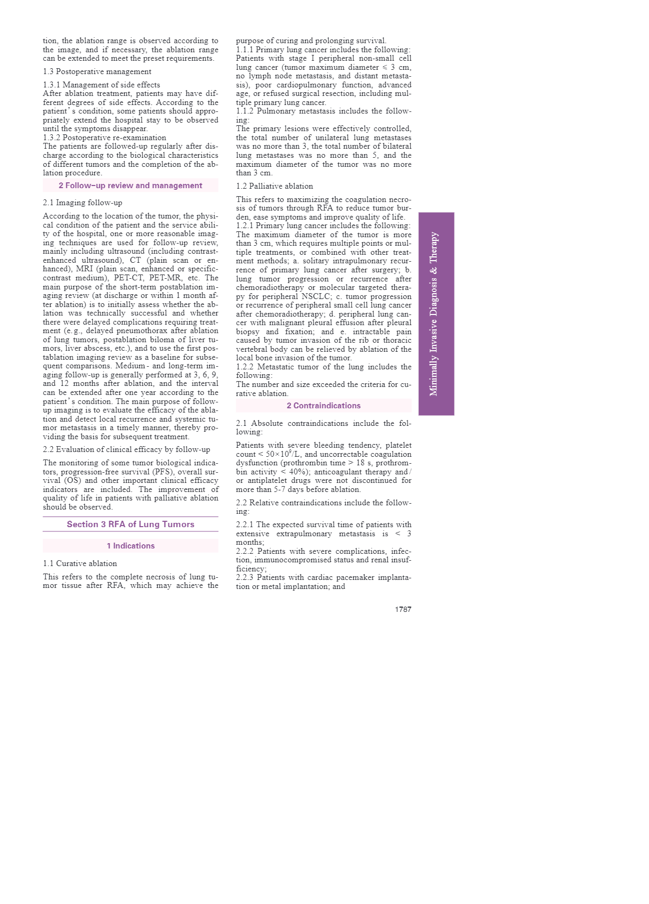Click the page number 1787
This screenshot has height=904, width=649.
point(403,609)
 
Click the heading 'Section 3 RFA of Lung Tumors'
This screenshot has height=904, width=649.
point(131,524)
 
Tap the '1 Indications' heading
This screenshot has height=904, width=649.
point(131,546)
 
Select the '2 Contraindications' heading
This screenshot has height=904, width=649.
point(323,406)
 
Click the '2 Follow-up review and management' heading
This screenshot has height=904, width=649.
point(131,185)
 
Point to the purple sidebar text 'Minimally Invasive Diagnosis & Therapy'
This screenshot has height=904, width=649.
point(434,314)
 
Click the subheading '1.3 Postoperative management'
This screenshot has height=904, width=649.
point(97,71)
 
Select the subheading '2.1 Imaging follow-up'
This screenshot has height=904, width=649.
point(83,203)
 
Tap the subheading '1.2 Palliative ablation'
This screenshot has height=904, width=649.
point(274,186)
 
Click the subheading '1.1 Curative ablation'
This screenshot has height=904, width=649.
point(80,563)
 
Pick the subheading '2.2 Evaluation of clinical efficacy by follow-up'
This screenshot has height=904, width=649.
point(126,449)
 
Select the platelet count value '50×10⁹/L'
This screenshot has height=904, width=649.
point(283,454)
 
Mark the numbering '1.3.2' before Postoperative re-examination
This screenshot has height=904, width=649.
point(52,138)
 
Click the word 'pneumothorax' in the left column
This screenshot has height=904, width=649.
point(141,330)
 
